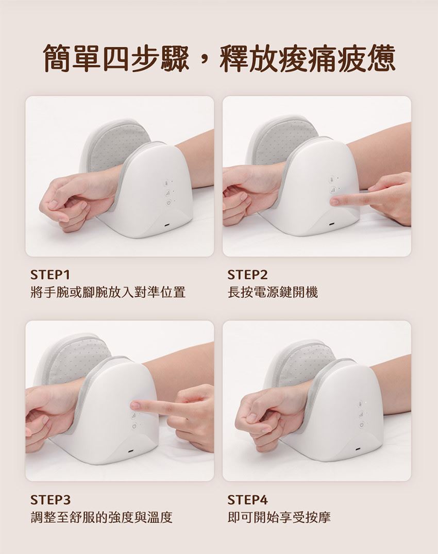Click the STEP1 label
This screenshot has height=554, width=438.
click(x=51, y=275)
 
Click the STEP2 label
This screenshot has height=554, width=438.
click(x=248, y=275)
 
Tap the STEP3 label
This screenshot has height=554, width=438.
click(x=51, y=499)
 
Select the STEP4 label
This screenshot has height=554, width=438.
click(x=248, y=499)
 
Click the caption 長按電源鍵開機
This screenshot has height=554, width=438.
click(x=273, y=292)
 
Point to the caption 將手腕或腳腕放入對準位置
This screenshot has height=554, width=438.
click(x=108, y=292)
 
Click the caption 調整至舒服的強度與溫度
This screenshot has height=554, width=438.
click(x=102, y=517)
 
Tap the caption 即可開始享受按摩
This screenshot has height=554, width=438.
click(x=279, y=517)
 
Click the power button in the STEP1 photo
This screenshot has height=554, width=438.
click(x=168, y=203)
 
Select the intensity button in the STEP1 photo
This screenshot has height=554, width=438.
click(x=168, y=193)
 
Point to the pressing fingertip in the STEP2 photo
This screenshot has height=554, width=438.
click(x=334, y=202)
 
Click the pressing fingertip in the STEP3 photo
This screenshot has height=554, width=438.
click(x=134, y=404)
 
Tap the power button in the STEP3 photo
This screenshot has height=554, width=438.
click(x=133, y=427)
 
